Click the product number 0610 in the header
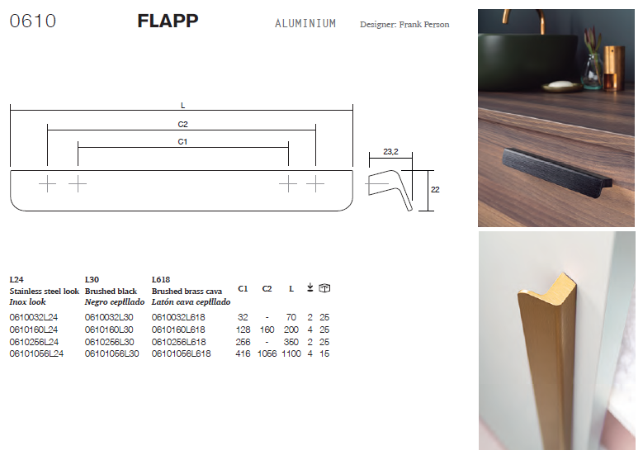coord(33,21)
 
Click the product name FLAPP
coord(168,21)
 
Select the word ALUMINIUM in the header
coord(305,24)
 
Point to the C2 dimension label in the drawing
coord(182,125)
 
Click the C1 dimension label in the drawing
coord(182,142)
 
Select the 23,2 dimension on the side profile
coord(390,152)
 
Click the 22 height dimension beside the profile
coord(435,190)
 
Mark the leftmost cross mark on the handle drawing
coord(48,183)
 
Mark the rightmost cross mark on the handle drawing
coord(315,183)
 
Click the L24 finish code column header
coord(17,280)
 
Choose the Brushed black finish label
coord(111,292)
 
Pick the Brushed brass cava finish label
coord(187,292)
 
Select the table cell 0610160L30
coord(109,330)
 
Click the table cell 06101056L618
coord(182,353)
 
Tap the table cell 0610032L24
coord(34,318)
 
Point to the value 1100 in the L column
coord(291,353)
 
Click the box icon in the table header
coord(324,288)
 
